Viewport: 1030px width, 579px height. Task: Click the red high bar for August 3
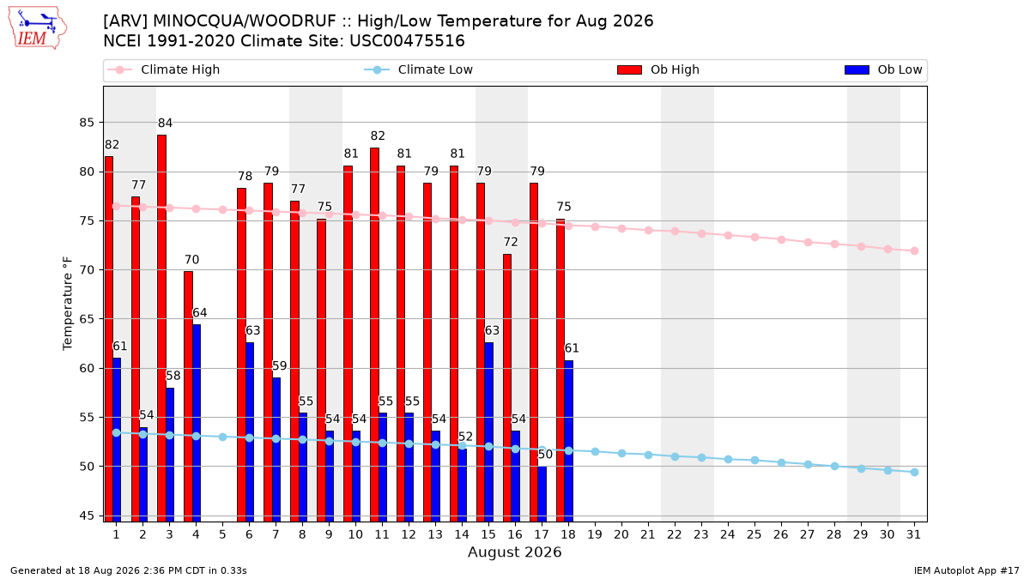coord(162,328)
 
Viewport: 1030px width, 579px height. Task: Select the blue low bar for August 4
coord(197,423)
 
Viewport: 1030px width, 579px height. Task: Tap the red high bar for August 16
coord(507,388)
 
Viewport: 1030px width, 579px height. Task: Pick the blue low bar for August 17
coord(542,494)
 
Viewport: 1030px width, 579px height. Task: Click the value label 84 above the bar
coord(165,124)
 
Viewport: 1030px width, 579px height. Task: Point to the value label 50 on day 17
coord(545,455)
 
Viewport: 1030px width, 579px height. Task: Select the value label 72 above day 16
coord(511,242)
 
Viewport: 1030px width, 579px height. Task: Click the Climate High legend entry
coord(164,69)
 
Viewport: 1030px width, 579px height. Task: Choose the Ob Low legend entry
coord(883,69)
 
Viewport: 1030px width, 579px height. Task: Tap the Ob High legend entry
coord(658,69)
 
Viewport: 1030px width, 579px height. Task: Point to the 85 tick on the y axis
coord(87,123)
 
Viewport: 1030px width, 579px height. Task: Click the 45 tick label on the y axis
coord(87,516)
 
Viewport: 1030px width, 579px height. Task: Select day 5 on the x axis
coord(222,534)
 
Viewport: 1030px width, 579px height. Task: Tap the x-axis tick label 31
coord(913,534)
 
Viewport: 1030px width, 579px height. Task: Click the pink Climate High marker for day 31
coord(914,250)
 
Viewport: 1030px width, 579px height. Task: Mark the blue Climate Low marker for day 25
coord(754,460)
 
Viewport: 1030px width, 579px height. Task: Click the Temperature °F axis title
coord(68,304)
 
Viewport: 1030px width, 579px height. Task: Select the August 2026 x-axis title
coord(514,552)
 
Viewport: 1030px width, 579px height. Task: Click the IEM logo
coord(37,28)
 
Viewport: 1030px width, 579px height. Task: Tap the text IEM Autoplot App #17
coord(966,570)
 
